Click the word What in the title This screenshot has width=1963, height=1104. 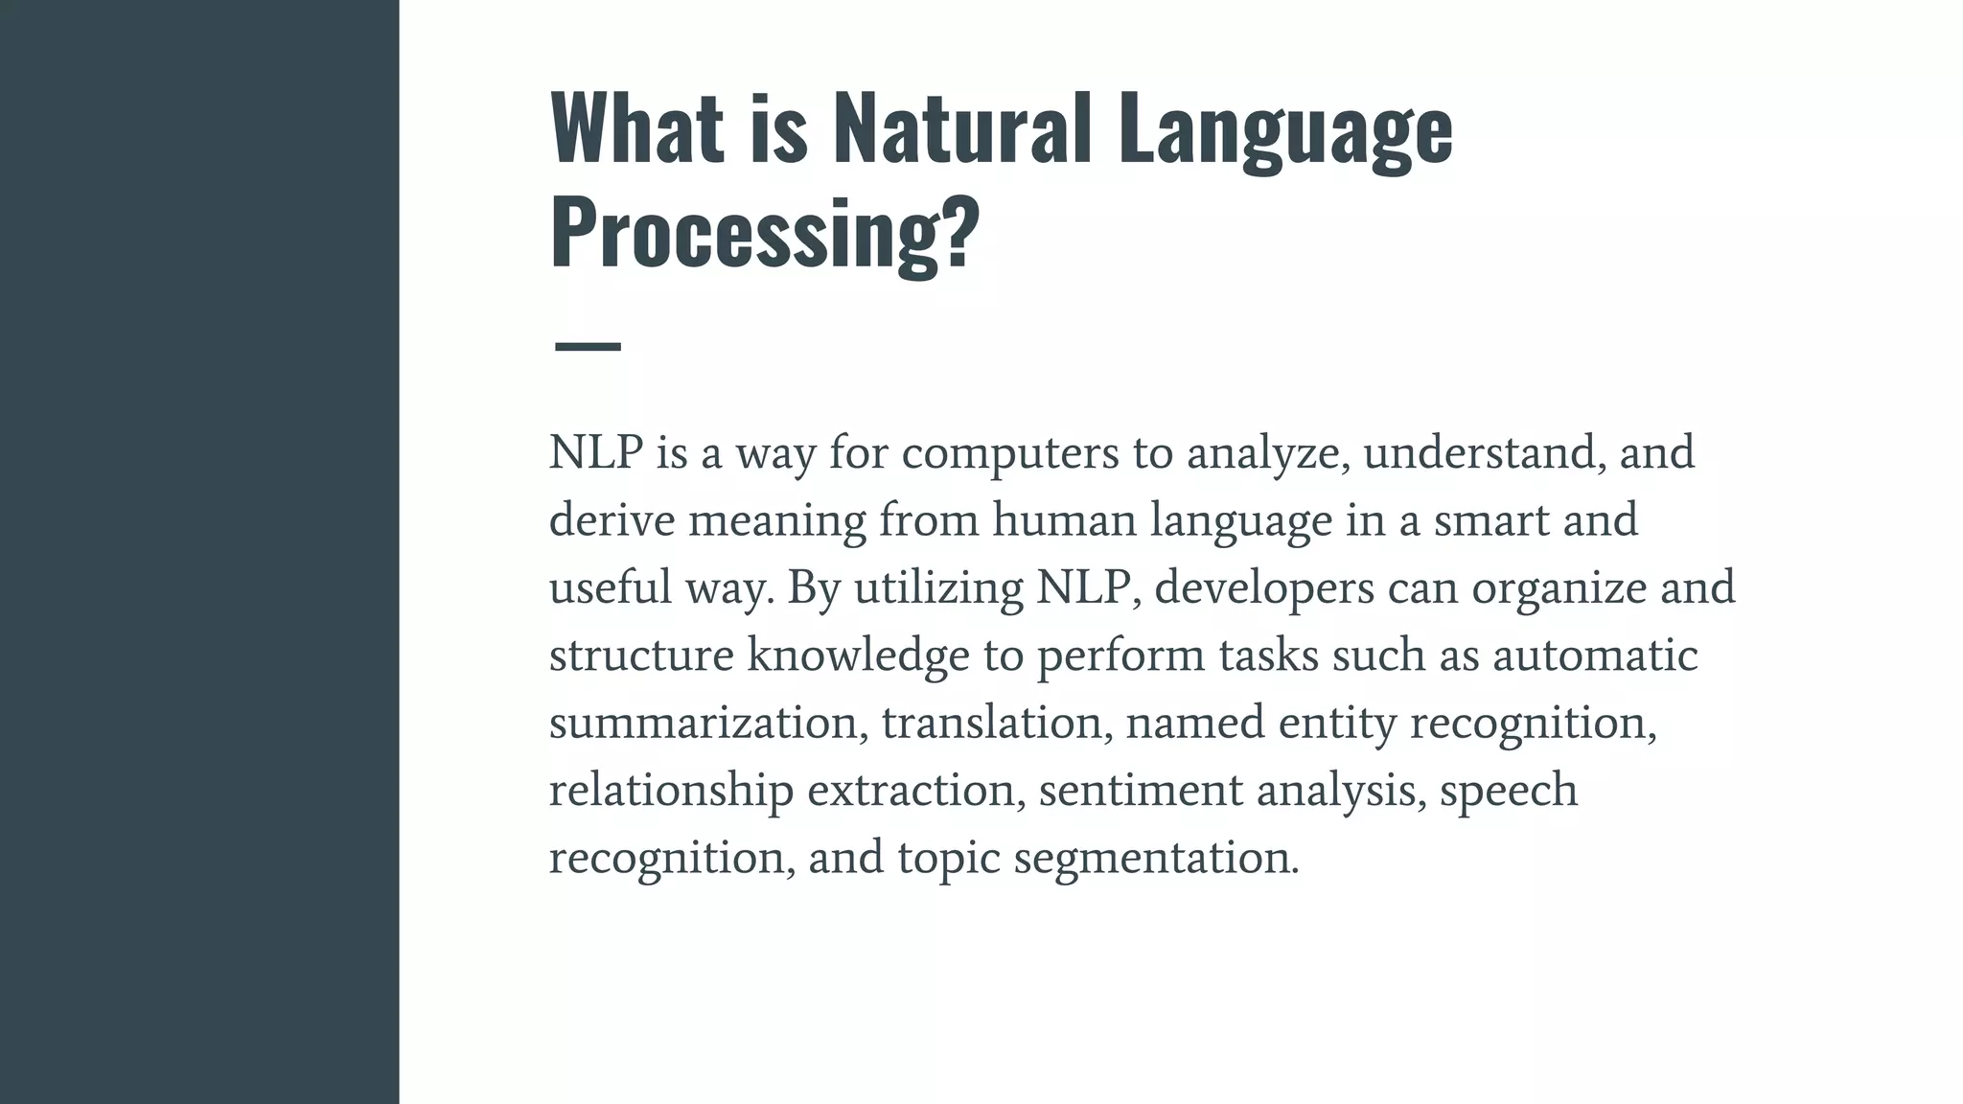pos(636,128)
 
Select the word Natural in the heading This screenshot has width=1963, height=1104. pos(962,128)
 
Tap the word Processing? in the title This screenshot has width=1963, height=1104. pos(765,234)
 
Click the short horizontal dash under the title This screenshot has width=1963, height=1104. pos(588,346)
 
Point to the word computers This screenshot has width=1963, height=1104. pos(1010,452)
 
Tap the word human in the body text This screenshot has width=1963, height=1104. pos(1064,520)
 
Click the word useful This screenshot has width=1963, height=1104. pos(610,587)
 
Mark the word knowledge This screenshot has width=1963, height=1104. pos(858,655)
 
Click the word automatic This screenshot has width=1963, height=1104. pos(1595,655)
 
